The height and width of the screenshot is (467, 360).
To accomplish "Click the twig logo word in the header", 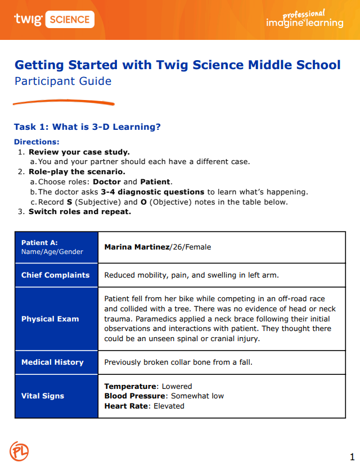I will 28,19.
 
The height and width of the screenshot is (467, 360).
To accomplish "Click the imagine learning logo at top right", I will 304,20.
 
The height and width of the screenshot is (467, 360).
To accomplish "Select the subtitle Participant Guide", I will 63,81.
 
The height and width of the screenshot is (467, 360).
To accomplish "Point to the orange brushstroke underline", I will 64,103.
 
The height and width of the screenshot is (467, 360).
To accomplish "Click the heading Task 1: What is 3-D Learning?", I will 87,127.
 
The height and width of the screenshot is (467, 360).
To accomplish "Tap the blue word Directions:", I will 37,142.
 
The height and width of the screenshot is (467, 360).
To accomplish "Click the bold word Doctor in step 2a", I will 107,182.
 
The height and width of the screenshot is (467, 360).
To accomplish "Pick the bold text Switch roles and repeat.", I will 80,212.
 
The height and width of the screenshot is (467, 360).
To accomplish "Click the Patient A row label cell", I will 56,247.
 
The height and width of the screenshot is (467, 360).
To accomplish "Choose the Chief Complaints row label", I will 55,275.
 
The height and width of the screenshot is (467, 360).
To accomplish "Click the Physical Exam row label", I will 50,319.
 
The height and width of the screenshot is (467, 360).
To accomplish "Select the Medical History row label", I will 52,362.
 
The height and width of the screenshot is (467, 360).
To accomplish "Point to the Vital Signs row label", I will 43,396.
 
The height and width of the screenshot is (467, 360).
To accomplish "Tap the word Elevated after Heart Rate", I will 169,406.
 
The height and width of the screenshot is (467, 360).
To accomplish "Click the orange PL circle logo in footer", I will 19,451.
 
